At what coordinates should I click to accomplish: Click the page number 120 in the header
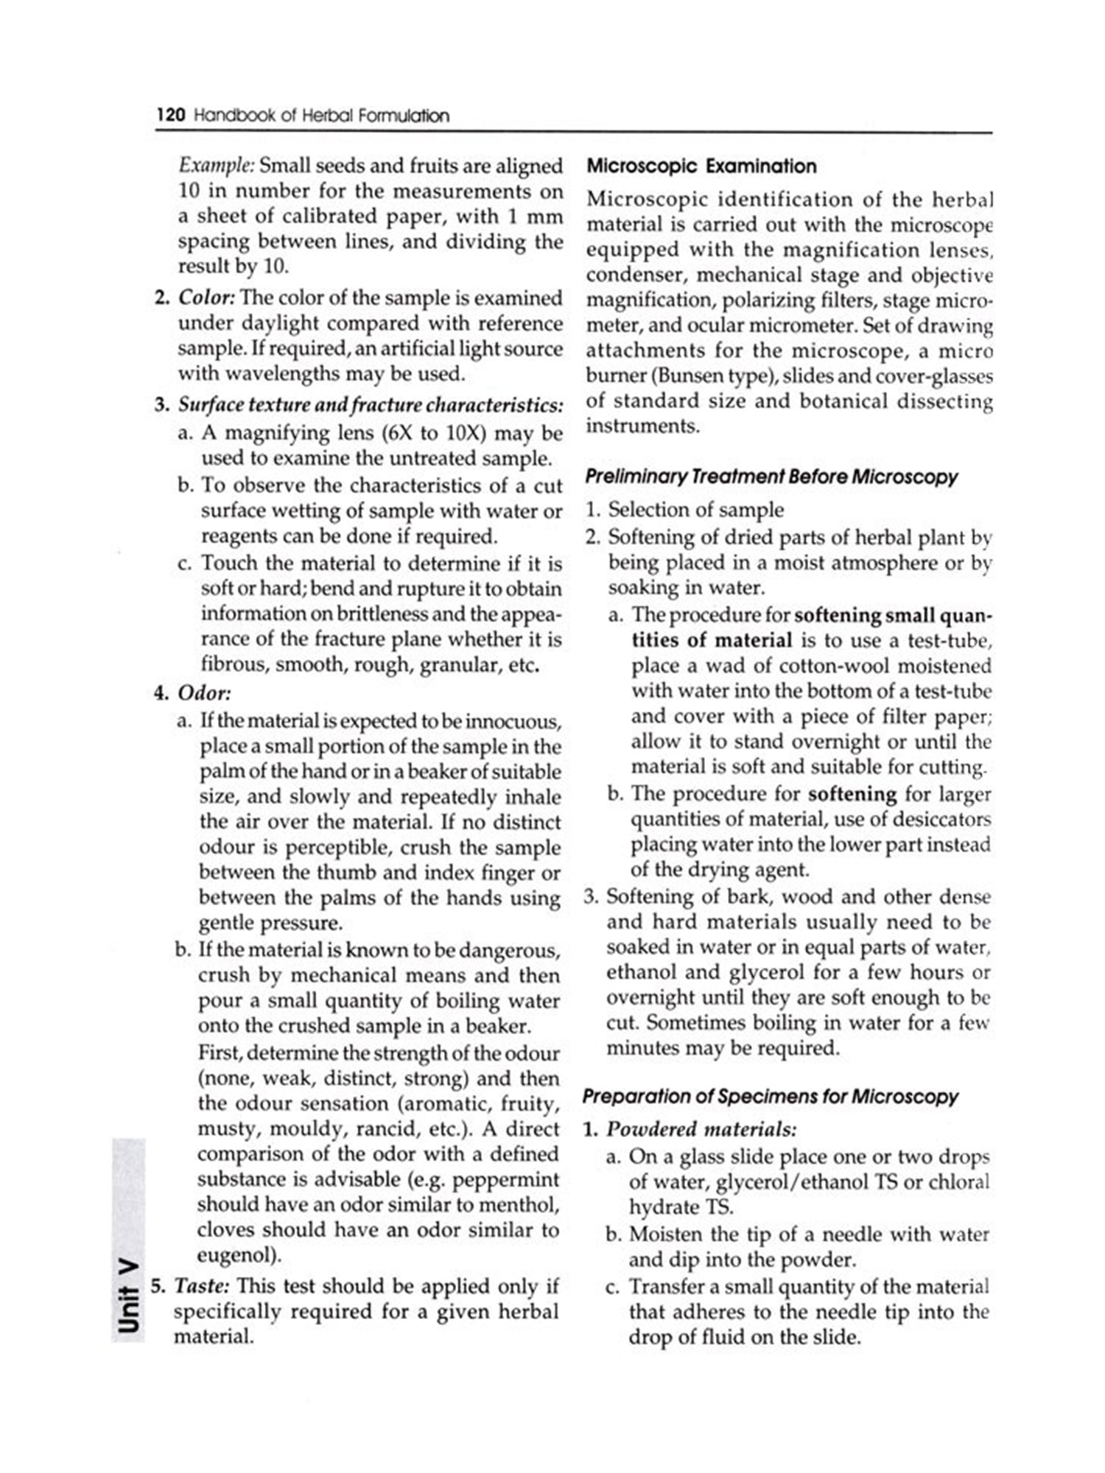point(170,116)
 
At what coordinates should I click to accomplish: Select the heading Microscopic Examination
point(701,166)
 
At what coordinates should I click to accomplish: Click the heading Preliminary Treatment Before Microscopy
point(771,477)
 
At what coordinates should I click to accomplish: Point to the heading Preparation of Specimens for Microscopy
point(770,1097)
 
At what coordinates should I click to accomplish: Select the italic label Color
point(206,298)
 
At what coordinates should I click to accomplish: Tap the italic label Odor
point(204,693)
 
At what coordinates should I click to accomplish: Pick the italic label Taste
point(201,1286)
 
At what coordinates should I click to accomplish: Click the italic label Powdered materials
point(701,1129)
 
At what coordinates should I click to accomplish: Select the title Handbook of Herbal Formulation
point(321,116)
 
